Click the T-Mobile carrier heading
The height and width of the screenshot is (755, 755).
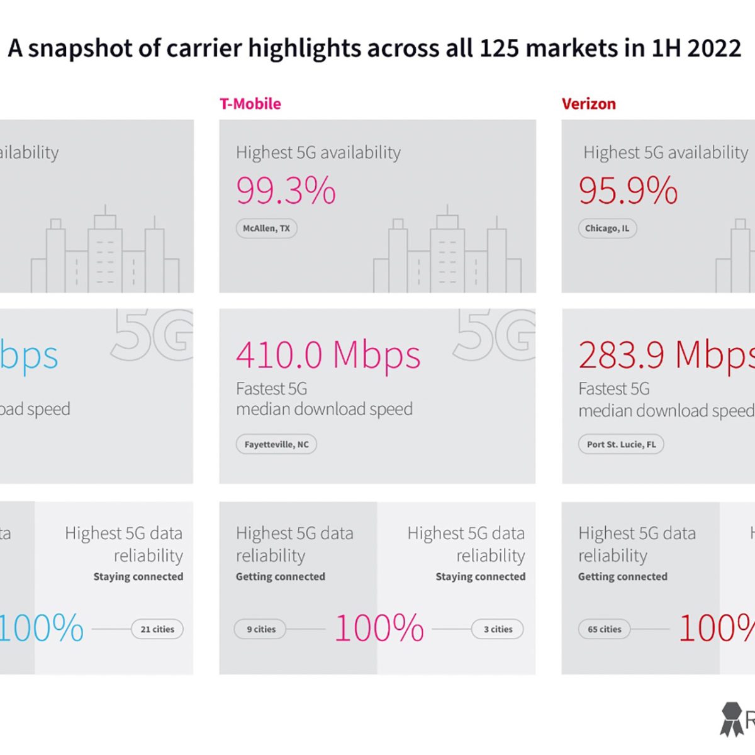coord(250,104)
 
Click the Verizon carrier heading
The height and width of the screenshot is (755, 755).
coord(589,104)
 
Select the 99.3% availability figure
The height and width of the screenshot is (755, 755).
coord(286,191)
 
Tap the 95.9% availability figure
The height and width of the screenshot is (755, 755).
coord(628,191)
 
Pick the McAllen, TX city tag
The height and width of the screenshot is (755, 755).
coord(267,228)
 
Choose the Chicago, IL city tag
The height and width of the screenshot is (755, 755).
coord(607,228)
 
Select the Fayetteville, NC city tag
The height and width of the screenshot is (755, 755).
coord(276,444)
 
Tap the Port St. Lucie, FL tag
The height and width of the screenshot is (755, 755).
coord(621,444)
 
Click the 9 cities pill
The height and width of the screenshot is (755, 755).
coord(260,629)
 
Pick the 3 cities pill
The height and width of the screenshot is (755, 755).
coord(498,629)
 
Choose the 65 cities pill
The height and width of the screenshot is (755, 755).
coord(604,629)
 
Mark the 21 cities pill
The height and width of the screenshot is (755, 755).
coord(157,629)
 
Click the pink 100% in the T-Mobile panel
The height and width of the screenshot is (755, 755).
coord(379,628)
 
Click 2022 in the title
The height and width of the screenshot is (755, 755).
coord(714,48)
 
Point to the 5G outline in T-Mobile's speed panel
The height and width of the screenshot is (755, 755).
coord(494,335)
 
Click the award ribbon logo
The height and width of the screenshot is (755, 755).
coord(732,719)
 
